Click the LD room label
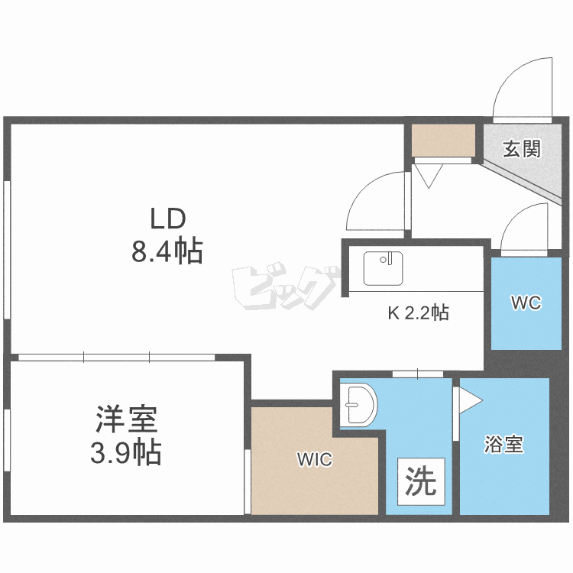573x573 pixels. (x=167, y=219)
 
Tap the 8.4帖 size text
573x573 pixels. (x=167, y=251)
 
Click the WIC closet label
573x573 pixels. (x=315, y=460)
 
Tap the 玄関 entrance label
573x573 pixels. (x=521, y=148)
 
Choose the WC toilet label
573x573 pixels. (x=526, y=303)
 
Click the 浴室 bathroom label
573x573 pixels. (x=504, y=445)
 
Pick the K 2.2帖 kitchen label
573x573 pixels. (x=418, y=312)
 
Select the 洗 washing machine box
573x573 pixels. (x=420, y=481)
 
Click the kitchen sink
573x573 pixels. (x=382, y=268)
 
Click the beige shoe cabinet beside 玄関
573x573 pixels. (x=444, y=140)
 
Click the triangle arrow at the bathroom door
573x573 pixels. (x=467, y=400)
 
